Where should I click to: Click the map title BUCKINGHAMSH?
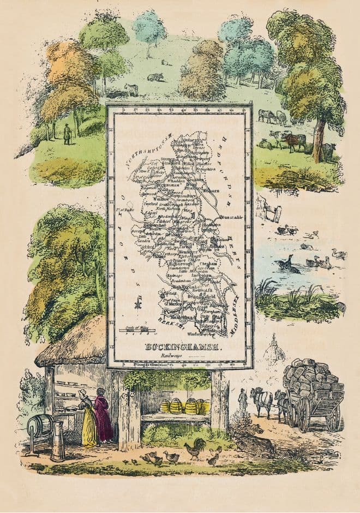pos(179,347)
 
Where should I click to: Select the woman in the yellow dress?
pos(88,417)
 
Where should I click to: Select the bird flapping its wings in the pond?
pos(288,265)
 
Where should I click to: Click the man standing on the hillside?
pos(67,134)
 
